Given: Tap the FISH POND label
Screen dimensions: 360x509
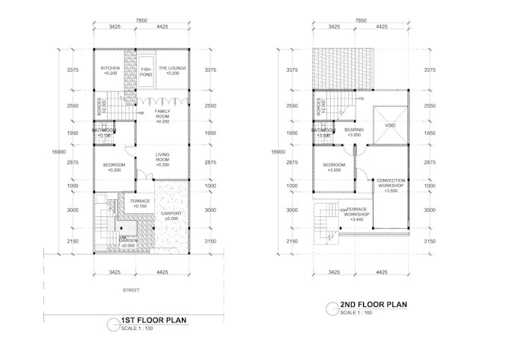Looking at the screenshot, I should pyautogui.click(x=147, y=73).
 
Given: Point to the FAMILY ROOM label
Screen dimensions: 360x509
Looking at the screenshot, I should pyautogui.click(x=162, y=114).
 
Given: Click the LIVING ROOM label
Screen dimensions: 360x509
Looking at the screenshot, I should pyautogui.click(x=162, y=158).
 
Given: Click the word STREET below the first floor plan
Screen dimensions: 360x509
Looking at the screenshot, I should pyautogui.click(x=132, y=290).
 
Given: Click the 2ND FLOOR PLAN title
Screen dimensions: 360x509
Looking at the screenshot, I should pyautogui.click(x=373, y=305).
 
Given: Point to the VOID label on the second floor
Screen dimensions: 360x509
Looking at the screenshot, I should pyautogui.click(x=390, y=125).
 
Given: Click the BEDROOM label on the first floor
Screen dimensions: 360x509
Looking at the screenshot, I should pyautogui.click(x=114, y=166).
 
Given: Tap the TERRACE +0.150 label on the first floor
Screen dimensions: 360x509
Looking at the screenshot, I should pyautogui.click(x=140, y=203).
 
